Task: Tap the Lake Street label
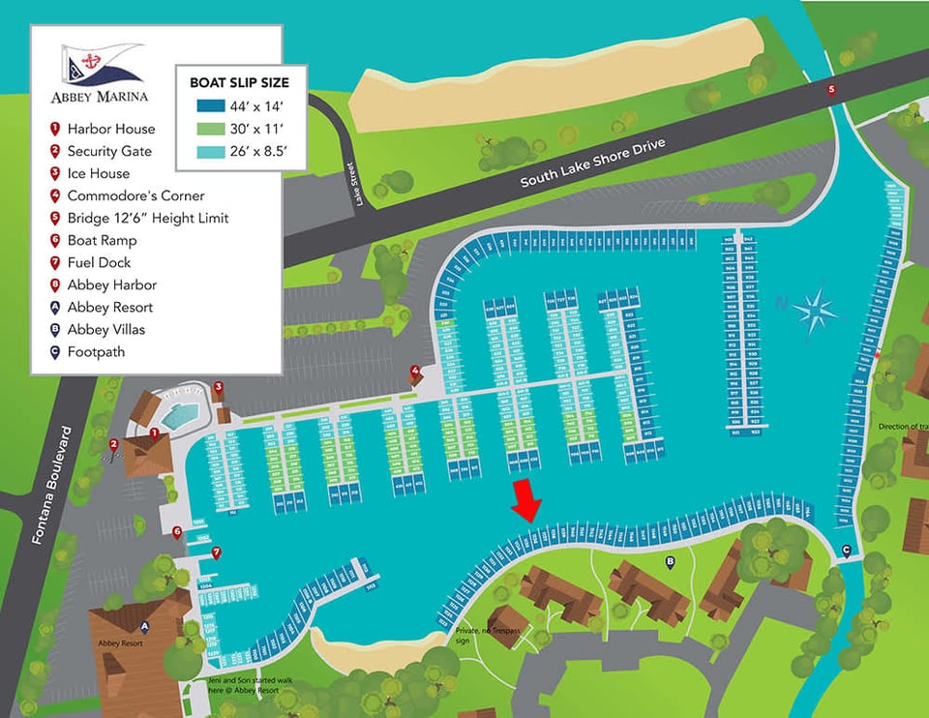click(359, 184)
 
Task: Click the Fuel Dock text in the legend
click(99, 262)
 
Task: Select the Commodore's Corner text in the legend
click(135, 195)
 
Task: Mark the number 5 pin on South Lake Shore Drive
click(831, 89)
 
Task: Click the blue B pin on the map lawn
click(670, 560)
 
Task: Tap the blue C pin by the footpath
click(847, 551)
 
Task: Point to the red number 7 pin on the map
click(216, 553)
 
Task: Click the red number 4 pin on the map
click(415, 371)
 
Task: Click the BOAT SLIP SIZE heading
click(239, 82)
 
